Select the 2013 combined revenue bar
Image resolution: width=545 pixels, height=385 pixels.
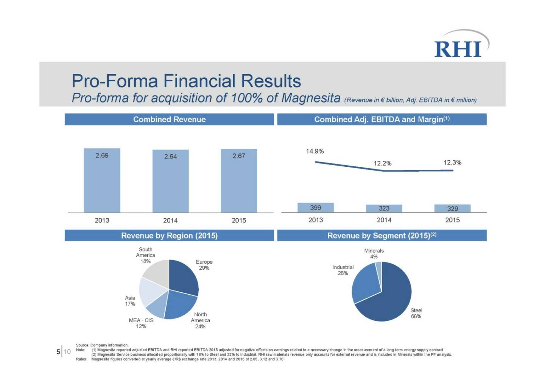pyautogui.click(x=102, y=182)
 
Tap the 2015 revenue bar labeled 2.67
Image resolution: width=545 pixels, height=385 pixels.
pyautogui.click(x=239, y=182)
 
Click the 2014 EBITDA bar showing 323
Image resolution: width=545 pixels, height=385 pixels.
pyautogui.click(x=384, y=208)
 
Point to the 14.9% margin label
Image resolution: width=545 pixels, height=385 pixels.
pyautogui.click(x=315, y=151)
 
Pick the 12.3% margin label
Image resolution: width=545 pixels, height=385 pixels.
pyautogui.click(x=452, y=163)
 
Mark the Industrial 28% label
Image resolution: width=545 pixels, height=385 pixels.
pyautogui.click(x=343, y=270)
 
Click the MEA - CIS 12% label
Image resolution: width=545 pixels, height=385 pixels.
pyautogui.click(x=141, y=323)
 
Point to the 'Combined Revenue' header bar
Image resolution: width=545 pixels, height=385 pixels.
pyautogui.click(x=169, y=120)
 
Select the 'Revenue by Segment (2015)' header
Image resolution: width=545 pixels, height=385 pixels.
pyautogui.click(x=381, y=236)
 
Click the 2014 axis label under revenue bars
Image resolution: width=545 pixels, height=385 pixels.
pyautogui.click(x=170, y=220)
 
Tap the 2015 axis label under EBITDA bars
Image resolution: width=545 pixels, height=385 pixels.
pyautogui.click(x=452, y=220)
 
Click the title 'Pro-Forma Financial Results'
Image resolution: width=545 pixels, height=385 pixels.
pyautogui.click(x=186, y=81)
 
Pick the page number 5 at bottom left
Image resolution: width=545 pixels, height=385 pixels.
pyautogui.click(x=58, y=352)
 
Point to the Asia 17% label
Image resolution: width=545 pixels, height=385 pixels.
pyautogui.click(x=130, y=301)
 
